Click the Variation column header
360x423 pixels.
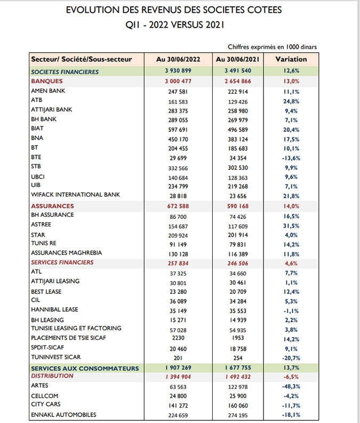click(291, 59)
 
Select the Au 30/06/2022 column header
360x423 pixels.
click(178, 59)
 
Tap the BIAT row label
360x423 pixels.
click(37, 128)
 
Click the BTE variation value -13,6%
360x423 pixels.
click(291, 158)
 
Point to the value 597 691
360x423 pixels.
click(178, 130)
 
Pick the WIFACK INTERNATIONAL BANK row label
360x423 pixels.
click(75, 194)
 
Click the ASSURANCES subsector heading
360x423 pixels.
click(52, 206)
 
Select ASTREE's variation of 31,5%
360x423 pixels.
click(291, 226)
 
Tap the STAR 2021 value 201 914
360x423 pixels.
click(238, 235)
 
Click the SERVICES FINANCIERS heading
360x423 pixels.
click(62, 262)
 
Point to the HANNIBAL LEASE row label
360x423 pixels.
click(54, 310)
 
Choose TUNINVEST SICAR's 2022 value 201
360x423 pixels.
click(178, 358)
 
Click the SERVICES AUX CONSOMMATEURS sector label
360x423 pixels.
click(85, 369)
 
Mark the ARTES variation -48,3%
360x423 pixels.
click(291, 387)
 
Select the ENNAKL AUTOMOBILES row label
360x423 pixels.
click(63, 414)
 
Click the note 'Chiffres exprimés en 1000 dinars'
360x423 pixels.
click(272, 47)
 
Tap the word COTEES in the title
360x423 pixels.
click(264, 10)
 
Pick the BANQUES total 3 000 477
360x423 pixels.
click(178, 81)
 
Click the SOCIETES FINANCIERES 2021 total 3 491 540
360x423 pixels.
click(238, 71)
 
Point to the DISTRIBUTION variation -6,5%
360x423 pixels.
click(291, 377)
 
